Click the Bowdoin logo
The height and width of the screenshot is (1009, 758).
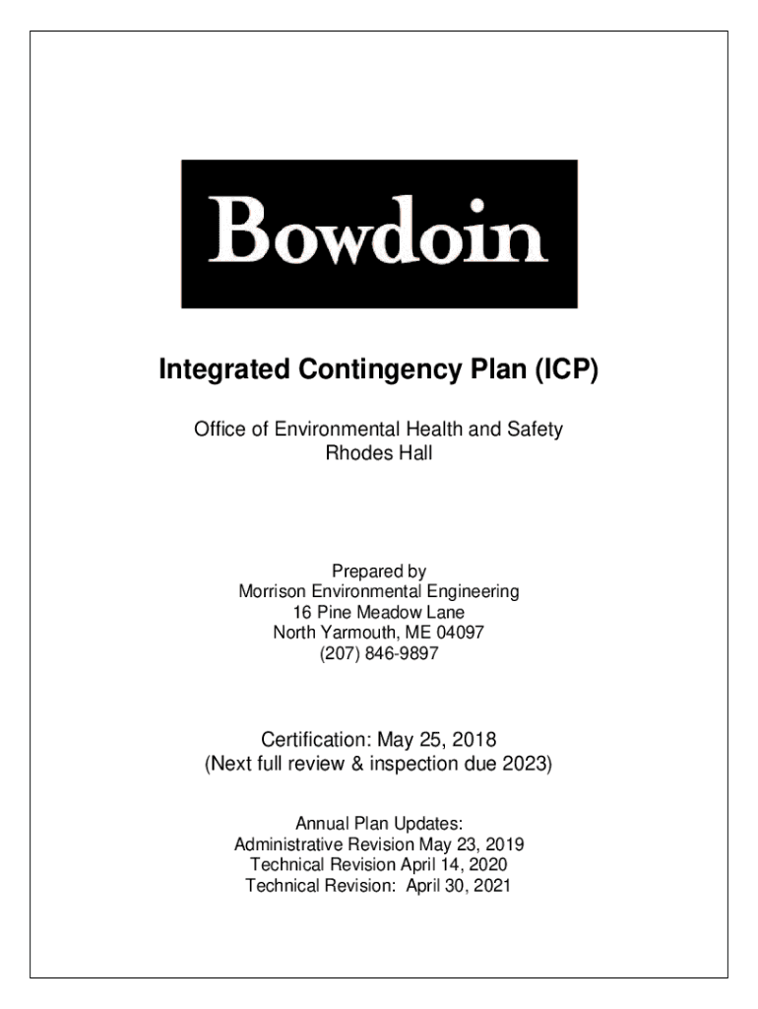tap(379, 234)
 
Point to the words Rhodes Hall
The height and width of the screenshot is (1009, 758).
tap(379, 454)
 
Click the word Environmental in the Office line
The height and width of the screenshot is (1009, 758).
tap(335, 430)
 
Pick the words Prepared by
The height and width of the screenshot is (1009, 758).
tap(379, 572)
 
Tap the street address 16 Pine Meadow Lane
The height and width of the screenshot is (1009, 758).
tap(379, 612)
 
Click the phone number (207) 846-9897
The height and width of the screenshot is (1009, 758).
tap(379, 652)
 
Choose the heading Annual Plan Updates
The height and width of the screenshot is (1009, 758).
tap(379, 824)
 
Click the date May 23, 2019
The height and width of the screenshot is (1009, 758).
tap(472, 844)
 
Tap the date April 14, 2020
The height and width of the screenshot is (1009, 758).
tap(454, 864)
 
